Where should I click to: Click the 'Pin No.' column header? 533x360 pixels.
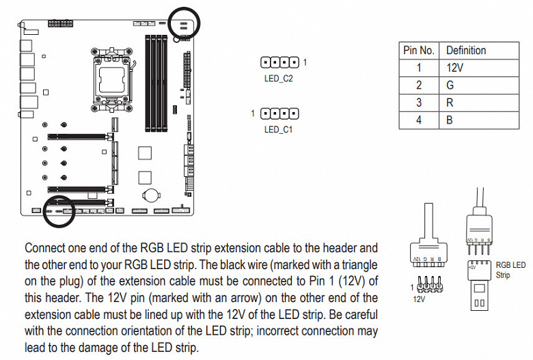tap(418, 51)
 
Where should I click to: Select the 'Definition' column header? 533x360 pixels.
tap(466, 51)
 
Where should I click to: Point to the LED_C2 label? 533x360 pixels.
tap(278, 79)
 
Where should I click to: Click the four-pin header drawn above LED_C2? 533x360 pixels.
tap(279, 63)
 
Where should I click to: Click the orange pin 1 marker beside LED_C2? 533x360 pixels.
tap(305, 63)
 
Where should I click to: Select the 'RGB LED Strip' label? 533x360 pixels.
tap(510, 270)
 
